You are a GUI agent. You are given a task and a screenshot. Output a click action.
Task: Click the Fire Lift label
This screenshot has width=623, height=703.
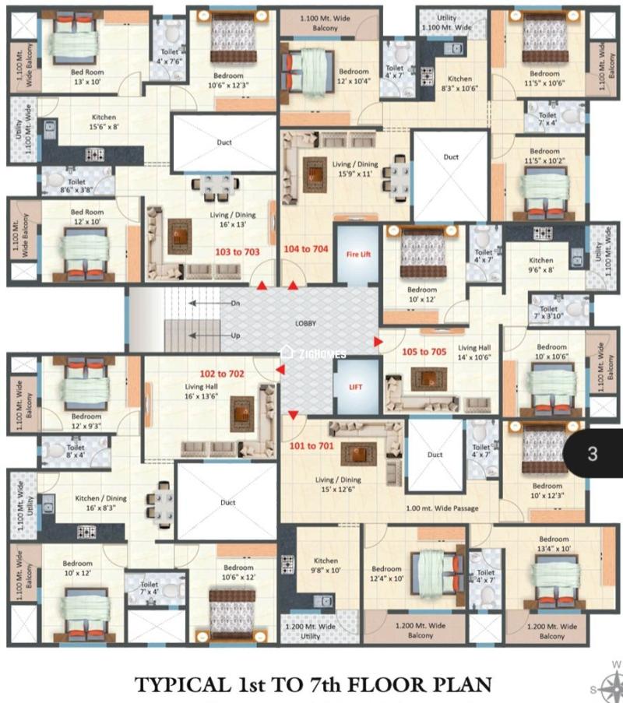pyautogui.click(x=357, y=253)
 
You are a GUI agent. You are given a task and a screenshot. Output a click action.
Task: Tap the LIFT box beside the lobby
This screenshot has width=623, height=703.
pyautogui.click(x=356, y=386)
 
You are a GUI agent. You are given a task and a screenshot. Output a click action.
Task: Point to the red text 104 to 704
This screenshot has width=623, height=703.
pyautogui.click(x=306, y=250)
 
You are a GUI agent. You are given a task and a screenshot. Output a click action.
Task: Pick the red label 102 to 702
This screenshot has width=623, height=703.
pyautogui.click(x=222, y=374)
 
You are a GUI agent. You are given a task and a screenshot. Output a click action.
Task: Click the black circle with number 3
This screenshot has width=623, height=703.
pyautogui.click(x=593, y=453)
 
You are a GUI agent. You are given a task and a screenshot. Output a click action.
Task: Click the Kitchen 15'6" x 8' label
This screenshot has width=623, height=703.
pyautogui.click(x=104, y=123)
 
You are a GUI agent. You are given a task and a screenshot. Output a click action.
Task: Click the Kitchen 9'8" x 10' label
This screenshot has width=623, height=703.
pyautogui.click(x=326, y=566)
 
